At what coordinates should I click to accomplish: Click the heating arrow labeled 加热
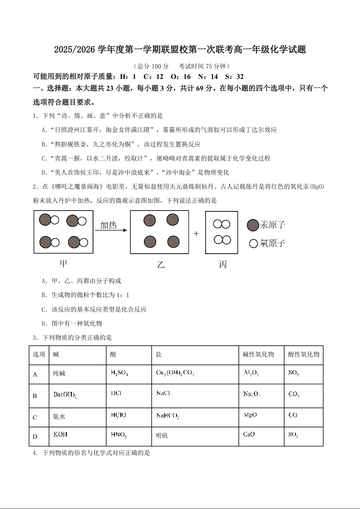pyautogui.click(x=111, y=230)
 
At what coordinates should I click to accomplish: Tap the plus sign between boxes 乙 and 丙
pyautogui.click(x=197, y=233)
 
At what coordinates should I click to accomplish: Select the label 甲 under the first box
pyautogui.click(x=64, y=263)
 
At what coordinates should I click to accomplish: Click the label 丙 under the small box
pyautogui.click(x=223, y=264)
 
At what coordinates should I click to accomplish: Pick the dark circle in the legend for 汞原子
pyautogui.click(x=253, y=225)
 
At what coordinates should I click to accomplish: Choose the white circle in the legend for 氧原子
pyautogui.click(x=253, y=244)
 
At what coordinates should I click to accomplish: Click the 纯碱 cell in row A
pyautogui.click(x=59, y=374)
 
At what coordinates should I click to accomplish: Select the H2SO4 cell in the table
pyautogui.click(x=119, y=373)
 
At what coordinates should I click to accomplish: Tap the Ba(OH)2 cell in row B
pyautogui.click(x=65, y=394)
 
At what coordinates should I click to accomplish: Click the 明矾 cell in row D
pyautogui.click(x=162, y=436)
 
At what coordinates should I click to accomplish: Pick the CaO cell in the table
pyautogui.click(x=249, y=435)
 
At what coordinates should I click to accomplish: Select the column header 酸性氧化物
pyautogui.click(x=304, y=354)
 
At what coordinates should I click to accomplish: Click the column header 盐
pyautogui.click(x=158, y=354)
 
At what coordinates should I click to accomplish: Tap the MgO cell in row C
pyautogui.click(x=251, y=415)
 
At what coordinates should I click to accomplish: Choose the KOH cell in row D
pyautogui.click(x=60, y=435)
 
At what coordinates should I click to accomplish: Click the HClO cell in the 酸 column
pyautogui.click(x=118, y=415)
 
